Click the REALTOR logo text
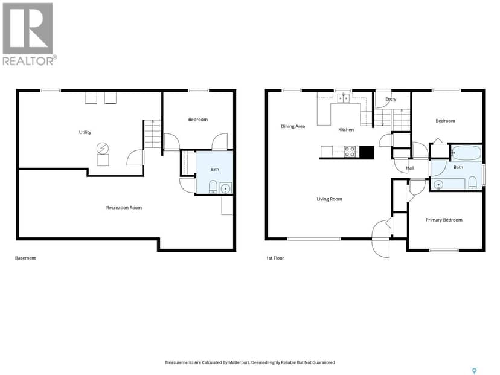(30, 60)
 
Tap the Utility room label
(85, 132)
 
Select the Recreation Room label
(124, 208)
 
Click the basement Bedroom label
(198, 120)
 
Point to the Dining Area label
(293, 127)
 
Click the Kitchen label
(346, 130)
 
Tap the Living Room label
(329, 199)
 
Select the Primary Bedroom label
(444, 220)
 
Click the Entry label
(391, 99)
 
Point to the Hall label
(410, 168)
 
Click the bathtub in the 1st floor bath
(466, 153)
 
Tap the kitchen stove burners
(350, 152)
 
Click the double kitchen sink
(344, 98)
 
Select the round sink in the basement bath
(226, 188)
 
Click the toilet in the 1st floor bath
(472, 183)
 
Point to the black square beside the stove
(367, 152)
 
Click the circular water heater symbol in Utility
(103, 149)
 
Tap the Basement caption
(25, 258)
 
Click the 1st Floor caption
(275, 258)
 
